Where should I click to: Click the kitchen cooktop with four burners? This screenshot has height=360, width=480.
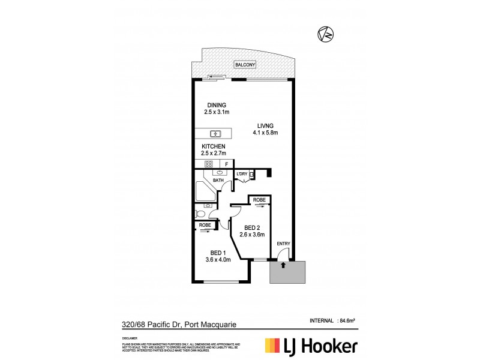point(209,164)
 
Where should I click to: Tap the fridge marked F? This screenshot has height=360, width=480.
point(227,164)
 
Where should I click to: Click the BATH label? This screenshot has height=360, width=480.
point(218,179)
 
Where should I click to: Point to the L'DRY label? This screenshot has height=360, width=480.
point(242,174)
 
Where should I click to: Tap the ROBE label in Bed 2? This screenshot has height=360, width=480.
point(259,199)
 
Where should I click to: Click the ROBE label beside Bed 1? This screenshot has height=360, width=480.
point(205,225)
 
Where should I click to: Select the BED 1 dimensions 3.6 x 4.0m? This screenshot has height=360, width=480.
point(216,259)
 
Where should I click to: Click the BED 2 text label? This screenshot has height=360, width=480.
point(253,227)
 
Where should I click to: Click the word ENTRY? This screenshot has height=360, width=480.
point(284,243)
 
